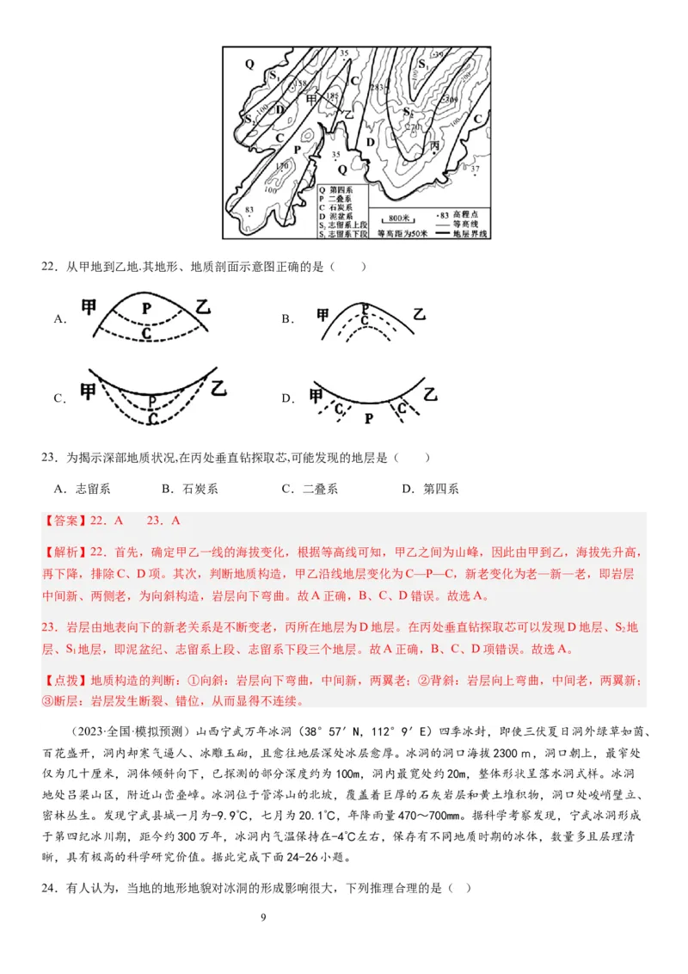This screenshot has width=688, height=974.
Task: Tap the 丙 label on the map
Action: pyautogui.click(x=435, y=146)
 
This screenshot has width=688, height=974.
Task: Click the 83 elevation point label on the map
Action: pyautogui.click(x=249, y=211)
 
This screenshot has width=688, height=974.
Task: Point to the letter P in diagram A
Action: pyautogui.click(x=147, y=307)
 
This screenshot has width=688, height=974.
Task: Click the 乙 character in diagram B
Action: pyautogui.click(x=419, y=314)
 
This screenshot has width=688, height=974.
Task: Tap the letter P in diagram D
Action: pyautogui.click(x=369, y=418)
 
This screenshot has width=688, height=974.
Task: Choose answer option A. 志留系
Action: pyautogui.click(x=83, y=489)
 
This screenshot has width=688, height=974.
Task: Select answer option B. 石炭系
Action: pyautogui.click(x=190, y=489)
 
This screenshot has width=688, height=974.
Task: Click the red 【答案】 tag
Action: pyautogui.click(x=63, y=521)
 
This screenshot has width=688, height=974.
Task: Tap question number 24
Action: pyautogui.click(x=48, y=888)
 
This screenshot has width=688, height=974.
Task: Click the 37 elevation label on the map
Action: pyautogui.click(x=475, y=169)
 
